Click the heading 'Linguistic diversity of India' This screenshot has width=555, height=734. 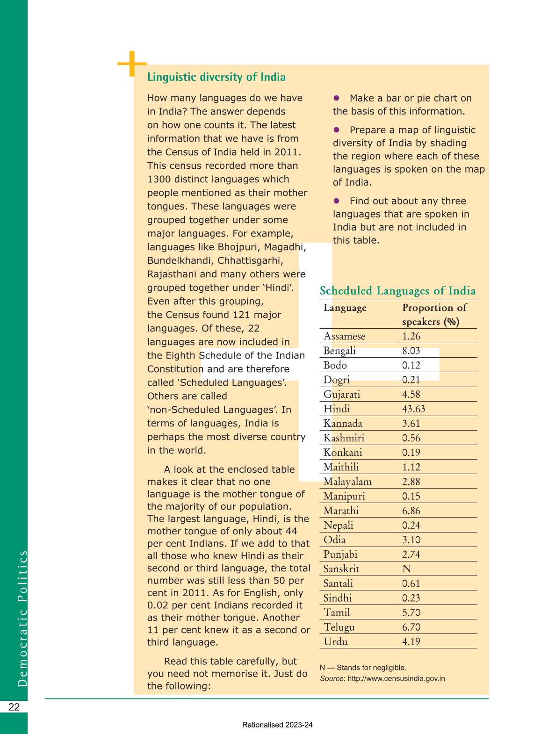[216, 77]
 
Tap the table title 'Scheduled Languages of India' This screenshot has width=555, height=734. [397, 291]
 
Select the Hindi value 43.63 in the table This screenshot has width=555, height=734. [413, 409]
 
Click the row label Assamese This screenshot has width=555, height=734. [344, 336]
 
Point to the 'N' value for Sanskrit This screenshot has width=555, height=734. [406, 569]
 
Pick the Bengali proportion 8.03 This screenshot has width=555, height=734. [411, 351]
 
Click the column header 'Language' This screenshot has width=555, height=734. [345, 308]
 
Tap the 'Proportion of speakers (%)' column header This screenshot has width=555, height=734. [434, 315]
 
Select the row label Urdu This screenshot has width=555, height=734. [335, 641]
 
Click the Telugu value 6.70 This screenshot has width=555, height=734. [411, 627]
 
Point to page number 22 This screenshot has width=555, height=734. [14, 707]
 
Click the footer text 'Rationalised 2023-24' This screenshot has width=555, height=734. [277, 725]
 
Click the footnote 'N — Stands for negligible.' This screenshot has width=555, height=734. [363, 668]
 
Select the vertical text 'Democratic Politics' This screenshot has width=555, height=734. [22, 618]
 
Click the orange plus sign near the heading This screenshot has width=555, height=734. [132, 64]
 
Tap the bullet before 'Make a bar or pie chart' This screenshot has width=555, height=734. [336, 98]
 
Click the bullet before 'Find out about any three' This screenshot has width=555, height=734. [336, 201]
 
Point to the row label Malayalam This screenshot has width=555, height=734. [347, 482]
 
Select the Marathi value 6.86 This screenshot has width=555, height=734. [411, 511]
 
